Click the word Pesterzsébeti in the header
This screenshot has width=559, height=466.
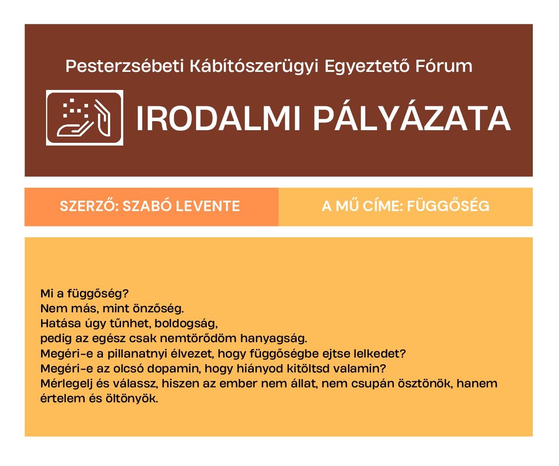[x=125, y=66]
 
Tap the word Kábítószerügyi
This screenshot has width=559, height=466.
[x=254, y=66]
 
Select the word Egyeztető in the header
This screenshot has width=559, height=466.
[x=367, y=66]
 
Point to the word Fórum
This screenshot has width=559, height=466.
[x=444, y=66]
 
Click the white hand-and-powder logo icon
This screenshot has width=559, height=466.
[x=84, y=118]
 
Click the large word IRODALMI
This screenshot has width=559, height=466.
[x=219, y=118]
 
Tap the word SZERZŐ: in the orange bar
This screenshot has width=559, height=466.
[x=89, y=206]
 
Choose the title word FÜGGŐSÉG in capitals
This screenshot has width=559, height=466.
[x=448, y=206]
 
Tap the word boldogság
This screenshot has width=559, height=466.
[x=186, y=324]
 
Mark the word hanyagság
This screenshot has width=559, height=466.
[x=274, y=339]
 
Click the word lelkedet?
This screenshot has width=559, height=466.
[x=380, y=354]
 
